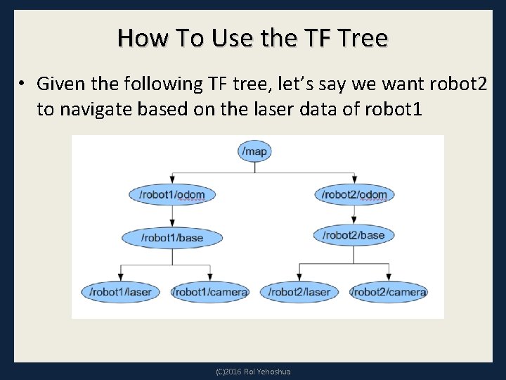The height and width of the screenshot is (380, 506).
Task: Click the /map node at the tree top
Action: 254,151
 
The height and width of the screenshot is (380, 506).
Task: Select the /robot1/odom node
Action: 171,194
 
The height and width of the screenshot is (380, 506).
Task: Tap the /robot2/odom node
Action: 355,194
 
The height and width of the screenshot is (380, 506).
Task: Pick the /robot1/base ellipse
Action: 171,238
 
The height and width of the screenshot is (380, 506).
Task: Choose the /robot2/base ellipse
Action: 353,234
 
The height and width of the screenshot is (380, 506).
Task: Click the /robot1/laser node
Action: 121,291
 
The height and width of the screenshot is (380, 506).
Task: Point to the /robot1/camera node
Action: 211,291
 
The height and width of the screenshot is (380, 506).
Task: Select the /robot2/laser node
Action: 299,291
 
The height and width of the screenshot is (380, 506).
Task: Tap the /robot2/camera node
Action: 389,291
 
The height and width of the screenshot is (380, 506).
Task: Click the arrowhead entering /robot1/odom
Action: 171,182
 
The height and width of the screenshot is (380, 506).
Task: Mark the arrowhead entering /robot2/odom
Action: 355,182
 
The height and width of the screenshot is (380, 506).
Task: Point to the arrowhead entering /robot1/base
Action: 171,224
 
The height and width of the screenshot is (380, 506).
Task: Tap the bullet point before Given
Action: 22,84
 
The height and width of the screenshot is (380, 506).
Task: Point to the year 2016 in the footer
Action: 232,372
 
